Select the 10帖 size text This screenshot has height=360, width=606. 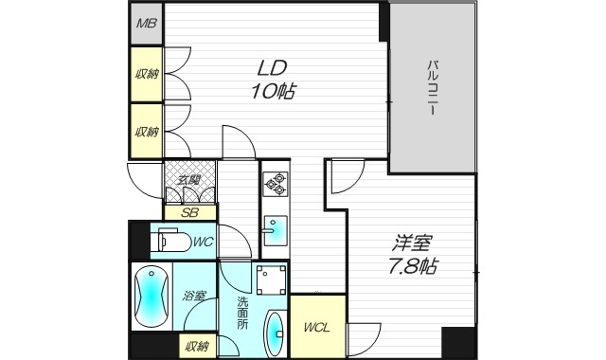tap(272, 92)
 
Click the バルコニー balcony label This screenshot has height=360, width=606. tap(432, 87)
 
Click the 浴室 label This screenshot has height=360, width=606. tap(194, 296)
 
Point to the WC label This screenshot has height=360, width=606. tap(203, 243)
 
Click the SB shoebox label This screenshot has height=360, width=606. tap(190, 213)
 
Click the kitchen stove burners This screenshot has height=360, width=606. tap(275, 181)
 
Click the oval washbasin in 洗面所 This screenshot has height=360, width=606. tap(273, 333)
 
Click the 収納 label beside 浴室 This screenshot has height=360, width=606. tap(196, 347)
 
